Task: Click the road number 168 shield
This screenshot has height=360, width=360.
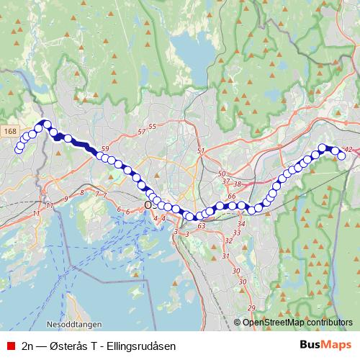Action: click(9, 131)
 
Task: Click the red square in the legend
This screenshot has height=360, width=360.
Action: click(10, 346)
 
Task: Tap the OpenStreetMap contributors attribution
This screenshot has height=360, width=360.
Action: click(297, 323)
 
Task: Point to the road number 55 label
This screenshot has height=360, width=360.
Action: click(152, 127)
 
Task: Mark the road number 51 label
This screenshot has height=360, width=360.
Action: click(201, 150)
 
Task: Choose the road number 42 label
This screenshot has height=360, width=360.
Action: click(348, 150)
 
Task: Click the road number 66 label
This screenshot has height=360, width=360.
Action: click(231, 196)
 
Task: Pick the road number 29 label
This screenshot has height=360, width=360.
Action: click(251, 308)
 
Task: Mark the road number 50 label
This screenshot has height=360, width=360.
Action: click(222, 174)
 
